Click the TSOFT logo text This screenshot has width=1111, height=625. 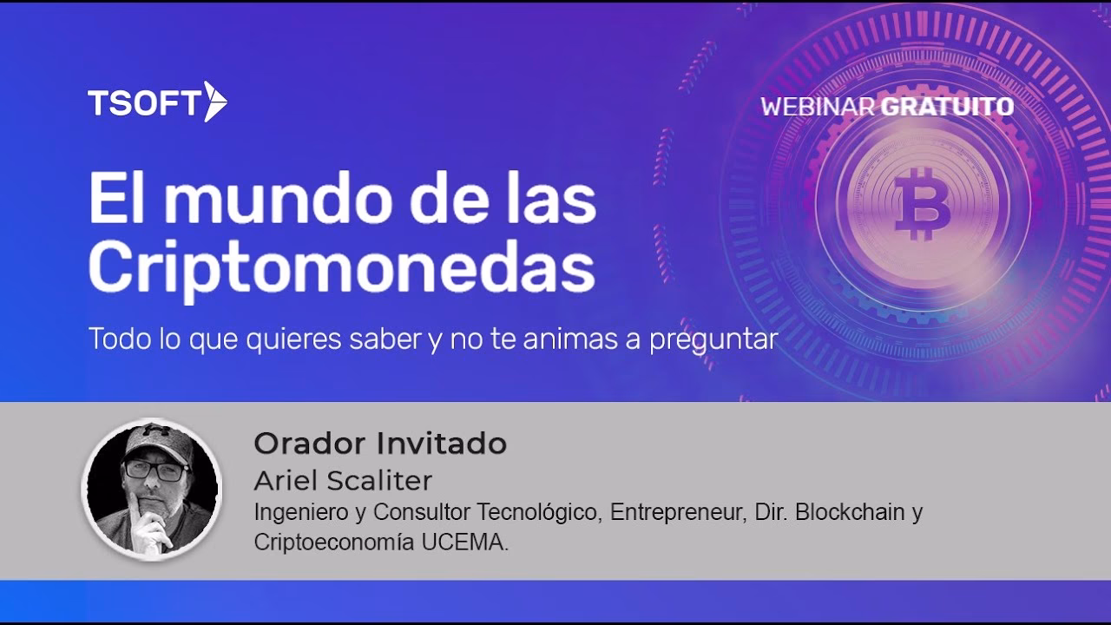point(144,103)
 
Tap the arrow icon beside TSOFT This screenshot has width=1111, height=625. point(214,102)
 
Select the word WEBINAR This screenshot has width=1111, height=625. point(818,107)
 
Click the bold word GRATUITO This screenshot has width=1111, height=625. point(947,107)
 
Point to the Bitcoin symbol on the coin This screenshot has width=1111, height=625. point(923,205)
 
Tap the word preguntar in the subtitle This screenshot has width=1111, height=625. point(710,339)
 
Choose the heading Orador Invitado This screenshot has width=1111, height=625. point(380,444)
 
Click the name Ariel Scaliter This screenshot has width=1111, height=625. point(343,480)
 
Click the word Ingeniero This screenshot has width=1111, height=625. point(296,512)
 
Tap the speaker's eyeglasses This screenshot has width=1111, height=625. point(156,470)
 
